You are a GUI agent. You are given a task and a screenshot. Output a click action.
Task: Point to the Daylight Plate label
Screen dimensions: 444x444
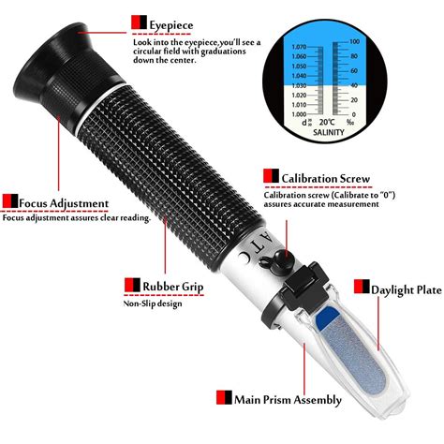click(405, 290)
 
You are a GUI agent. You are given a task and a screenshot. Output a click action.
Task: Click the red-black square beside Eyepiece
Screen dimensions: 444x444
click(139, 21)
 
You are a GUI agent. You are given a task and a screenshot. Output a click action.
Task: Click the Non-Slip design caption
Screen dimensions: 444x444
click(155, 303)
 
